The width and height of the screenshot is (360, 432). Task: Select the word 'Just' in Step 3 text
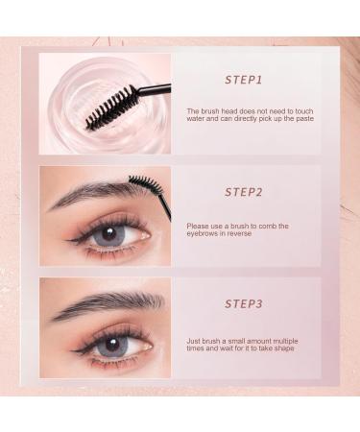195,338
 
